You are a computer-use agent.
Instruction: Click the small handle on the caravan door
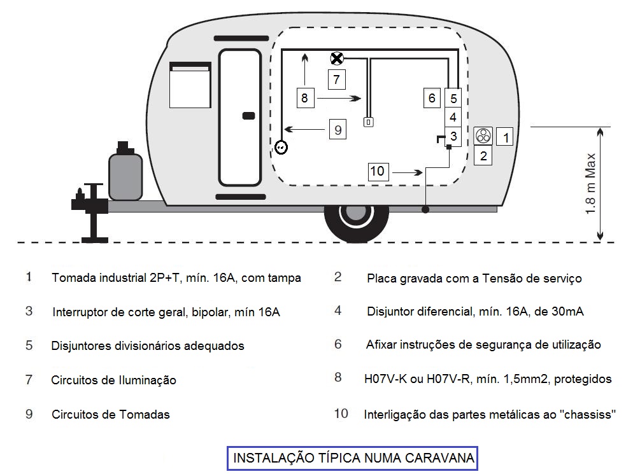coord(249,116)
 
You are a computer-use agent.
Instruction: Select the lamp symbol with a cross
coord(337,59)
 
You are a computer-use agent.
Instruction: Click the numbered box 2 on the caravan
coord(484,155)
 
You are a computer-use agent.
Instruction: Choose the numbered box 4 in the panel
coord(453,117)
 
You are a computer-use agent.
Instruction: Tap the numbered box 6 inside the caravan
coord(432,98)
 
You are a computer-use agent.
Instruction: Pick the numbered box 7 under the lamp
coord(337,80)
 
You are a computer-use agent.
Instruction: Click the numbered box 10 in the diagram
coord(378,171)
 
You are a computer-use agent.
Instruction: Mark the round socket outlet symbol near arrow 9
coord(281,147)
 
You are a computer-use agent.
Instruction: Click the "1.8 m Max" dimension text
coord(590,184)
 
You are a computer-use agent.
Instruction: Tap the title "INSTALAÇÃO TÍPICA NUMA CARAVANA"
coord(353,458)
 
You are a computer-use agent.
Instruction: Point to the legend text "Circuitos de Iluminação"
coord(113,380)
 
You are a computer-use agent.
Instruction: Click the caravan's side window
coord(190,85)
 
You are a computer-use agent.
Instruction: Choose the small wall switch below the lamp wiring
coord(368,122)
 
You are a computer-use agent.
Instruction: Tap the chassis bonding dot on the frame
coord(425,208)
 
